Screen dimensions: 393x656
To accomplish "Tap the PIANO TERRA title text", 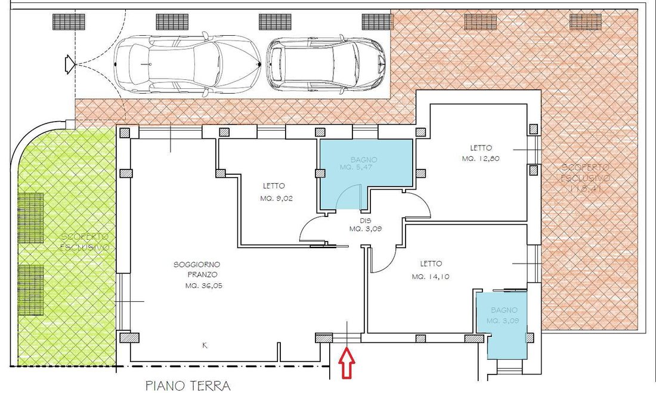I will point(188,386).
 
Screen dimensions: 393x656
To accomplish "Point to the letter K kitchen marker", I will point(205,345).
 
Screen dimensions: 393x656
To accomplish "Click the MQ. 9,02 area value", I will point(276,199).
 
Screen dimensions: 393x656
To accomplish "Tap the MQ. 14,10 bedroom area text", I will point(431,276).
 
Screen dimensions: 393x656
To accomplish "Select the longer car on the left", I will point(187,64).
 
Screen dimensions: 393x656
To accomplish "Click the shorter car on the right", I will point(327,64).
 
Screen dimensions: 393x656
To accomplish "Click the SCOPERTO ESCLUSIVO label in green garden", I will point(85,242).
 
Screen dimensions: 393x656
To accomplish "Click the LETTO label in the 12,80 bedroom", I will point(481,148).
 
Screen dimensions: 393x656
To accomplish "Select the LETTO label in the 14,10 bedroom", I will point(431,264).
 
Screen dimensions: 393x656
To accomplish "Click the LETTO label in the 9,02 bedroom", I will point(273,185).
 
